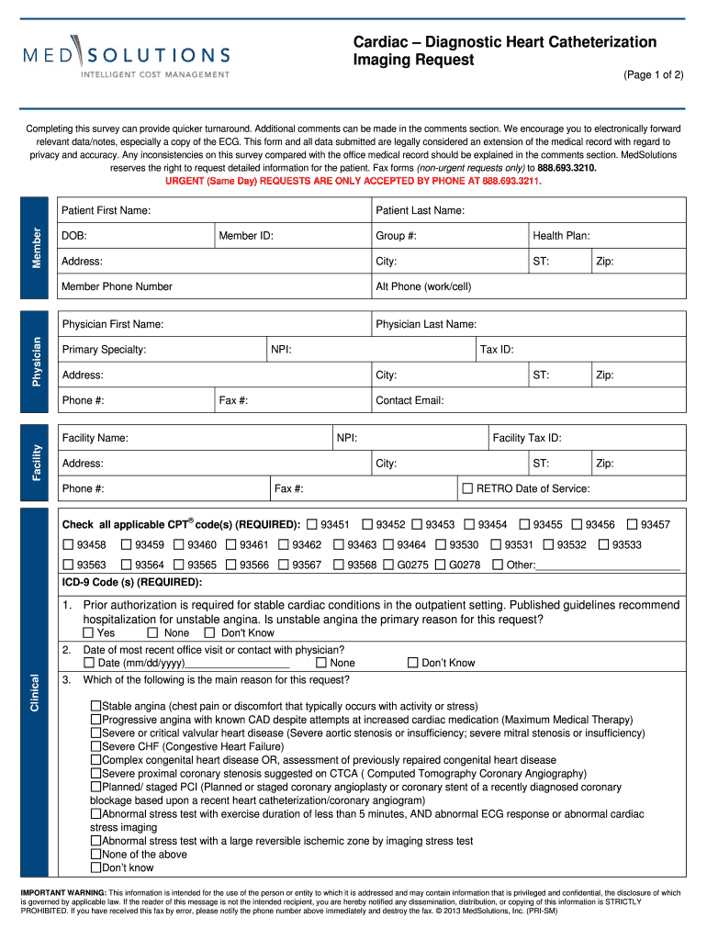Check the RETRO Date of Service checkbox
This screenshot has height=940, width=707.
[x=467, y=488]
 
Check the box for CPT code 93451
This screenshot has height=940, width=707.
[x=312, y=524]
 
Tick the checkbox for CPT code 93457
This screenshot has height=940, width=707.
[x=632, y=524]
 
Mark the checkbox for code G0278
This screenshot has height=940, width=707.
[x=441, y=565]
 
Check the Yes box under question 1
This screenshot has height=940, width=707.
[x=88, y=632]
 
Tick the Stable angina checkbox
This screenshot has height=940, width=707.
[x=95, y=706]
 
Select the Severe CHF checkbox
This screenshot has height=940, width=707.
[x=95, y=746]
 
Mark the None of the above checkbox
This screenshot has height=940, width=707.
[x=95, y=854]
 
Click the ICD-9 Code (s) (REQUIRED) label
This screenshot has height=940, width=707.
[x=132, y=582]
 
